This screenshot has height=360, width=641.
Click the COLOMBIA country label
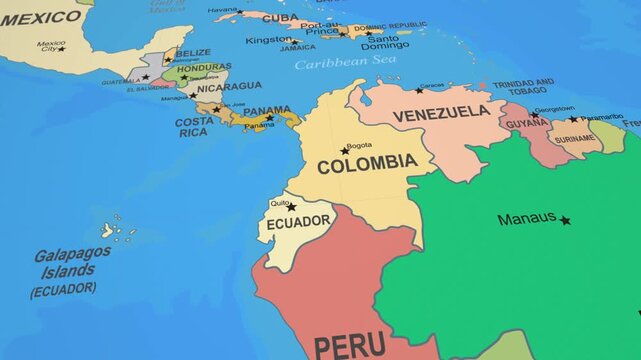[x=367, y=163]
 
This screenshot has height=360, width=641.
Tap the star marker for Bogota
[x=345, y=151]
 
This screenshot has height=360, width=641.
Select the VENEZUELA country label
[x=441, y=114]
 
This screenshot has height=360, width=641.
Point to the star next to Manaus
[x=565, y=220]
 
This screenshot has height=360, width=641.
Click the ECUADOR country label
[x=298, y=221]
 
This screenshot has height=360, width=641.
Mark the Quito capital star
[x=291, y=208]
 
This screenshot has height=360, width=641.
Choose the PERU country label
[x=350, y=346]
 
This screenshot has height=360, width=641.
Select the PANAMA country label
[x=267, y=111]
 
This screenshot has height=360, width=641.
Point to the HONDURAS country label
[x=204, y=68]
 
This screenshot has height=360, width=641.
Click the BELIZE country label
[x=193, y=53]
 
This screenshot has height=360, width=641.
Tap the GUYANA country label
[x=526, y=124]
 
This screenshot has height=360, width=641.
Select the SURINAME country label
[x=573, y=139]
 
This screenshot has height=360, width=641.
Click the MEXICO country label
[x=40, y=18]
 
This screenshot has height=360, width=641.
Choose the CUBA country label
[x=280, y=18]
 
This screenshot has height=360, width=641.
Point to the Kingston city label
[x=268, y=40]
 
